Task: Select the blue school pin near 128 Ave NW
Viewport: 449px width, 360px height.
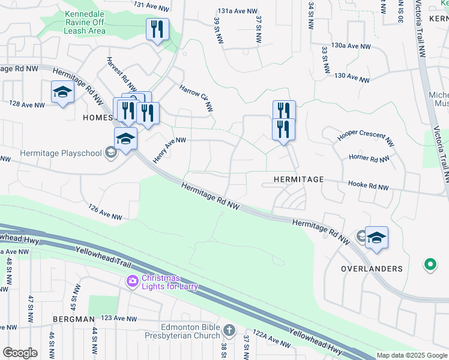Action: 62,92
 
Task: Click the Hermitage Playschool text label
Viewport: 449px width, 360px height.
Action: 61,153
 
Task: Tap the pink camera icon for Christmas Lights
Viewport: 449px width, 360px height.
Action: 132,280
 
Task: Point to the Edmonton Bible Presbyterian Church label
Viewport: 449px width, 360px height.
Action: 190,331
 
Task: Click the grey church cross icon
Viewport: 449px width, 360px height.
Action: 229,331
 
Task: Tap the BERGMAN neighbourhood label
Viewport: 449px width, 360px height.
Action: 73,319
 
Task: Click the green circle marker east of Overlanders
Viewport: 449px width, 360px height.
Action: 430,263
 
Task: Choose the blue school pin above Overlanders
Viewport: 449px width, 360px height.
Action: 376,238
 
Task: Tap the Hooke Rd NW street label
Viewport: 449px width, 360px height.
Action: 369,187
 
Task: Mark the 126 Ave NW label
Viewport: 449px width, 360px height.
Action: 104,212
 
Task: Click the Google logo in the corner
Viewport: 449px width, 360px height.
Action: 20,353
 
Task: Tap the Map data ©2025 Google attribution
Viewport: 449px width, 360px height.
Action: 411,355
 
